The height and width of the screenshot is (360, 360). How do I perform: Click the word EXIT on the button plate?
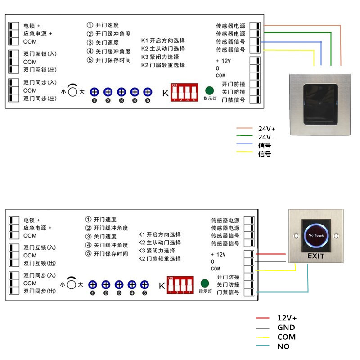pos(316,256)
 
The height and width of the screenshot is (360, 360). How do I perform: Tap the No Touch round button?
pos(316,235)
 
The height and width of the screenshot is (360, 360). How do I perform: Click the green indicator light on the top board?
pos(209,90)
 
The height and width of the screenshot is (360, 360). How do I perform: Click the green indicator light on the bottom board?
pos(204,283)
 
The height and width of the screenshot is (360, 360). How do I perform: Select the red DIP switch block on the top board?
pos(184,92)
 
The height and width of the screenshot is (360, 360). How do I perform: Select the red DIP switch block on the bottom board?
pos(180,285)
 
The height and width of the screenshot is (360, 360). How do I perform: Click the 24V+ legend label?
pos(266,128)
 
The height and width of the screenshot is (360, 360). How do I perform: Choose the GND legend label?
pos(286,328)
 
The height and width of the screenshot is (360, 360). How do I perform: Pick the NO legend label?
pos(283,346)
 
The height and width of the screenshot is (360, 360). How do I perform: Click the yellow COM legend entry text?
pos(286,337)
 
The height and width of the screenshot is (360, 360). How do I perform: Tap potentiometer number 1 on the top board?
pos(94,92)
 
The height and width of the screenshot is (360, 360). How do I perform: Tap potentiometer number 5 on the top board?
pos(147,92)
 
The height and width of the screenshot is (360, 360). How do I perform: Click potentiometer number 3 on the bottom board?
pos(119,285)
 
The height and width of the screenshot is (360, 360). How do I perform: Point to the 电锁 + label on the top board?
pos(31,26)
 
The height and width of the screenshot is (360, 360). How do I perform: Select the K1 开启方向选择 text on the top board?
pos(163,40)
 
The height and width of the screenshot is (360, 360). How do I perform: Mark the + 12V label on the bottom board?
pos(218,254)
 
